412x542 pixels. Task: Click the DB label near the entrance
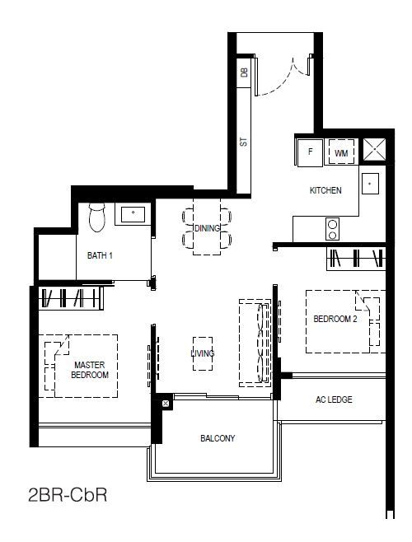coord(244,72)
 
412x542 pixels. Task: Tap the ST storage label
coord(244,142)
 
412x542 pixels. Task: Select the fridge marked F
coord(311,152)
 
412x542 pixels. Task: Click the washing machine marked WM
coord(341,152)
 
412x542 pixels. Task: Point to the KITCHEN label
coord(325,190)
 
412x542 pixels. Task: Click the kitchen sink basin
coord(370,184)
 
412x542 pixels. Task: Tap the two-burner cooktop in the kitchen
coord(332,229)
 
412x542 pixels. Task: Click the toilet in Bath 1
coord(97,217)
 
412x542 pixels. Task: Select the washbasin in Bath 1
coord(133,214)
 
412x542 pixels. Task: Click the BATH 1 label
coord(100,256)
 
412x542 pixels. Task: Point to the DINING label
coord(207,228)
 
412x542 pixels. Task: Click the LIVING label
coord(203,353)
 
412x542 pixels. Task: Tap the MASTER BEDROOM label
coord(90,370)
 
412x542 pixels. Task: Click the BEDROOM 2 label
coord(335,319)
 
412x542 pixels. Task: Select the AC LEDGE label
coord(334,399)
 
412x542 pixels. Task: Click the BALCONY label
coord(218,438)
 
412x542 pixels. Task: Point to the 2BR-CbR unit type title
coord(68,495)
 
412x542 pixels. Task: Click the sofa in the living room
coord(255,343)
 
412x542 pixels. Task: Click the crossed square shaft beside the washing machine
coord(374,150)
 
